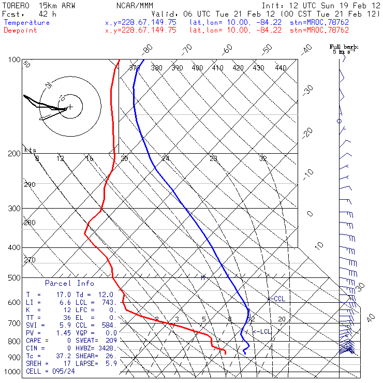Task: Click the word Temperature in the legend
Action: point(27,23)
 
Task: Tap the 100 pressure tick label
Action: point(14,60)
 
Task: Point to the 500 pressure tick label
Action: point(14,278)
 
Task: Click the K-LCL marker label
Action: point(262,331)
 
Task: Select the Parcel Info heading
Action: point(69,283)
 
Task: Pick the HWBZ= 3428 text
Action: point(96,348)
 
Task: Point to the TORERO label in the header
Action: point(16,5)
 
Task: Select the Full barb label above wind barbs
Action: point(344,47)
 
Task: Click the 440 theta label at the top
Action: point(281,68)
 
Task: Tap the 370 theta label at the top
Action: point(135,68)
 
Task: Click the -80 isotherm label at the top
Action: point(148,49)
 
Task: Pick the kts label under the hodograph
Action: point(31,150)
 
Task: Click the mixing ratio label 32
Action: point(263,158)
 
